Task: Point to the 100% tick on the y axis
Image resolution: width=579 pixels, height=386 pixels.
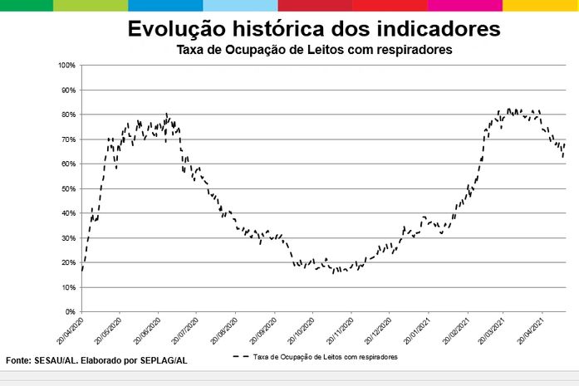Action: pyautogui.click(x=67, y=65)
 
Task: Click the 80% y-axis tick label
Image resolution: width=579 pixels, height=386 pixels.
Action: pyautogui.click(x=69, y=115)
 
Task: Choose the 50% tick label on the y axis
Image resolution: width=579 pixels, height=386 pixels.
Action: pyautogui.click(x=69, y=188)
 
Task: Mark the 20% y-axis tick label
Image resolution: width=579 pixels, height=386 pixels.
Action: pyautogui.click(x=69, y=263)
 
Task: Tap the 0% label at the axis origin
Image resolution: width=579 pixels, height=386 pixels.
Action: pyautogui.click(x=71, y=312)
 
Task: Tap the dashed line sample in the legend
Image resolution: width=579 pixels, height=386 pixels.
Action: pyautogui.click(x=241, y=356)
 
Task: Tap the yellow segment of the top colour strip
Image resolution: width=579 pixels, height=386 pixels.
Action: pyautogui.click(x=540, y=5)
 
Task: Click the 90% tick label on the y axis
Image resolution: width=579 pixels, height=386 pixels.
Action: pyautogui.click(x=69, y=90)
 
